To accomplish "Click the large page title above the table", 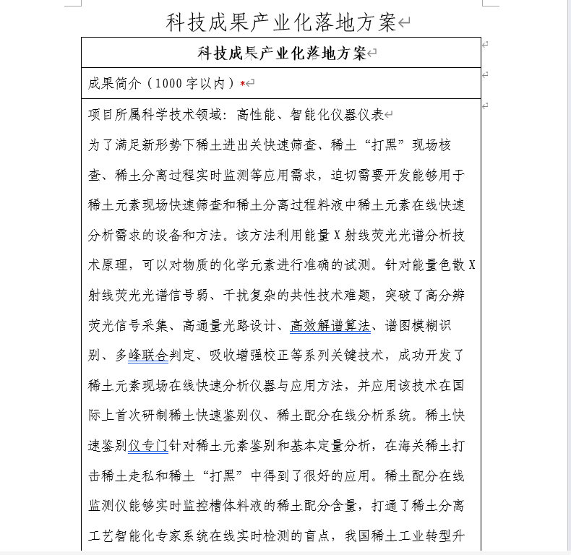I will click(282, 22).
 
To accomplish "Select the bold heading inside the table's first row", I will click(282, 53).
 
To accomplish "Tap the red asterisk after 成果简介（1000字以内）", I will click(243, 84).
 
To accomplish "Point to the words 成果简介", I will click(113, 84).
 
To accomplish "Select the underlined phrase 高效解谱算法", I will click(330, 325).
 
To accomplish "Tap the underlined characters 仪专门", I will click(148, 446).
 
